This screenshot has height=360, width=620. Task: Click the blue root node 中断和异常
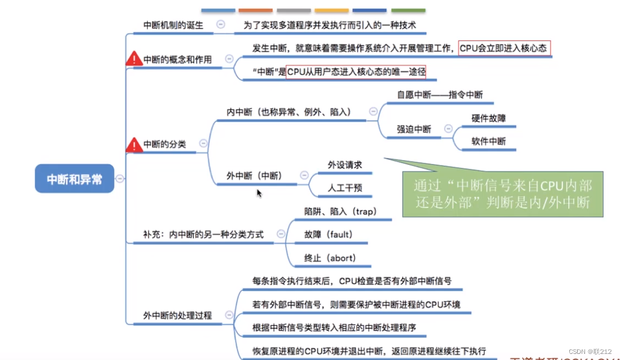[x=74, y=179]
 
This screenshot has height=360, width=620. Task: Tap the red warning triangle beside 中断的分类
[x=134, y=145]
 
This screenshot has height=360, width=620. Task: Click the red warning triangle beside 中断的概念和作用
[x=134, y=58]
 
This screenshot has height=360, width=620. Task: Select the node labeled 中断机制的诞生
[x=173, y=25]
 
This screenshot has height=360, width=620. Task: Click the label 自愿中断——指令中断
[x=439, y=94]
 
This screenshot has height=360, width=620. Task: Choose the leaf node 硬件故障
[x=489, y=118]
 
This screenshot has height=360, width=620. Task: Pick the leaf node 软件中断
[x=489, y=141]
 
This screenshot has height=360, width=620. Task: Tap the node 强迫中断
[x=413, y=129]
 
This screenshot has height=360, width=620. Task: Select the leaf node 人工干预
[x=344, y=188]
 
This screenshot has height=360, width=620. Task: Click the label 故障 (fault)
[x=328, y=234]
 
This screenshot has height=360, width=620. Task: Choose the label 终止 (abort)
[x=330, y=258]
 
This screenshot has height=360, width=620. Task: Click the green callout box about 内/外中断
[x=502, y=193]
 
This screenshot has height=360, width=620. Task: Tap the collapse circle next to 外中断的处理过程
[x=229, y=315]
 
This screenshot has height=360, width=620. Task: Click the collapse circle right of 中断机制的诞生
[x=221, y=24]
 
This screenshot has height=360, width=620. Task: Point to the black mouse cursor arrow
[x=259, y=192]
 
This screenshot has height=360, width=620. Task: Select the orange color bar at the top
[x=255, y=10]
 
